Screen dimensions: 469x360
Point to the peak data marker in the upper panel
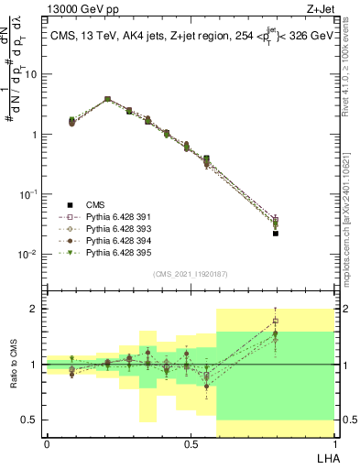pyautogui.click(x=107, y=99)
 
